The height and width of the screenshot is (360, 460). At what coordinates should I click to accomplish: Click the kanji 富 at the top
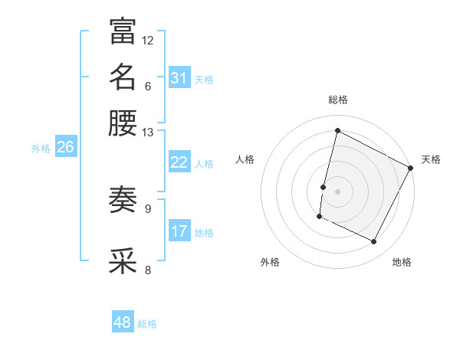pos(123,31)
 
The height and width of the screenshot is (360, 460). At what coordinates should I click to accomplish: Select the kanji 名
pos(123,77)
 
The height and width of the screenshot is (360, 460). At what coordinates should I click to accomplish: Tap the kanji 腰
pos(123,123)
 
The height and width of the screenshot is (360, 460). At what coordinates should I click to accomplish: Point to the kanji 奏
pos(123,200)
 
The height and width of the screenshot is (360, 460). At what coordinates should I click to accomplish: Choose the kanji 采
pos(123,260)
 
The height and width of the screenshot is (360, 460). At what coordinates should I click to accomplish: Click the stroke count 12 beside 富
pos(148,40)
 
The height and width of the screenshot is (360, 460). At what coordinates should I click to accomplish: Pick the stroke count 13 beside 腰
pos(148,132)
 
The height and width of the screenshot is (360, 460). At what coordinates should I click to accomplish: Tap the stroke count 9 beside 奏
pos(148,208)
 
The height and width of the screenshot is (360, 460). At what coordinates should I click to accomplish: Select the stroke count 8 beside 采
pos(148,269)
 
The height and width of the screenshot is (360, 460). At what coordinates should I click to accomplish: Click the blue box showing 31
pos(179,78)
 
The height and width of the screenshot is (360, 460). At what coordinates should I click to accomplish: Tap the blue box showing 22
pos(179,162)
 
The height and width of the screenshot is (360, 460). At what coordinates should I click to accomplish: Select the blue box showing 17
pos(179,231)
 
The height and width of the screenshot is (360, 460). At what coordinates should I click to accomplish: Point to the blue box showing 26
pos(65,147)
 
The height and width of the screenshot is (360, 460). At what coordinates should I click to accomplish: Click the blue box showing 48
pos(122,322)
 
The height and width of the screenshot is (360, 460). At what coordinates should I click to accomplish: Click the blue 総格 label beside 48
pos(148,324)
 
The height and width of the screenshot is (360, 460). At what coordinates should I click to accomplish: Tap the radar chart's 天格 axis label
pos(431,159)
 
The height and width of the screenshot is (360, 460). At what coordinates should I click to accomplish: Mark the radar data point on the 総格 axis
pos(337,130)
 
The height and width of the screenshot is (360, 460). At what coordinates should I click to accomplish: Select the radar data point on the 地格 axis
pos(374,242)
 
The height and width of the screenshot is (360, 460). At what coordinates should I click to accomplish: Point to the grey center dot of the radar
pos(337,191)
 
